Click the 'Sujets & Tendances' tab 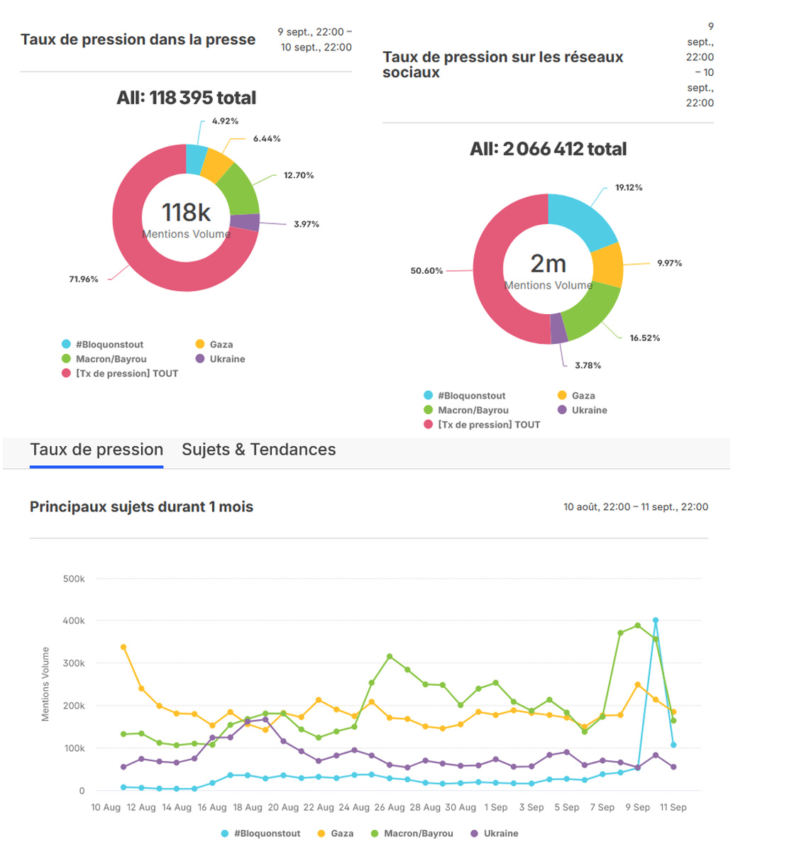tap(258, 450)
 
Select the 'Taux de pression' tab tap(97, 450)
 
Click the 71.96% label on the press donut tap(84, 279)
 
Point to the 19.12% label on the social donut tap(629, 188)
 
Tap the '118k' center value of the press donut tap(186, 212)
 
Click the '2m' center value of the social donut tap(548, 264)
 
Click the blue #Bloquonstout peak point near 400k tap(656, 621)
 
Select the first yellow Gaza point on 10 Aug tap(123, 647)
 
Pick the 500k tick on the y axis tap(74, 579)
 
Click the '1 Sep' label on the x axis tap(496, 807)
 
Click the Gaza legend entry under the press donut tap(221, 345)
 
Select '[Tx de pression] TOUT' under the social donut tap(488, 425)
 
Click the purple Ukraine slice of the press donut tap(245, 223)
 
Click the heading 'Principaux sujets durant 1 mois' tap(141, 507)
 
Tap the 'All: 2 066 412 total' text tap(548, 149)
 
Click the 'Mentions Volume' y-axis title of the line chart tap(45, 684)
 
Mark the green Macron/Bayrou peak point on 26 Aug tap(390, 657)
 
